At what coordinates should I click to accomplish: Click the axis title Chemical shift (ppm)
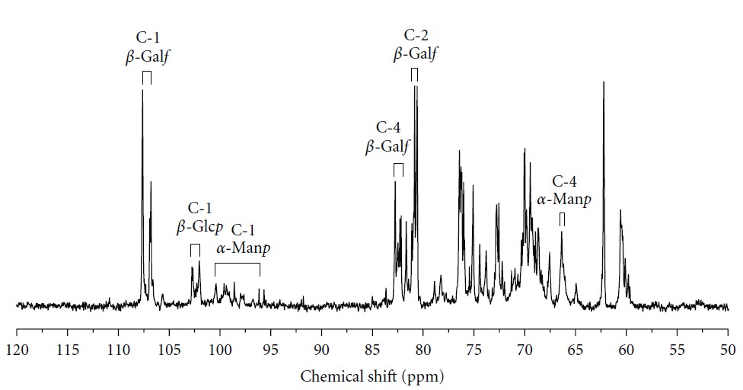371,376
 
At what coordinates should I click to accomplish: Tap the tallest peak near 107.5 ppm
142,91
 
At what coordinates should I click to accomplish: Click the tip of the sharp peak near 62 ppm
604,82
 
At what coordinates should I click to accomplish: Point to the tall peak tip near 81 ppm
415,86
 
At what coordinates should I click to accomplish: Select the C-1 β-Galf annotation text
147,47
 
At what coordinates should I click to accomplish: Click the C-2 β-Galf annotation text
416,46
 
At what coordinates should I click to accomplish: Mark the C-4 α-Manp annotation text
563,191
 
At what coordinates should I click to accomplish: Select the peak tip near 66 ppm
562,232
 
